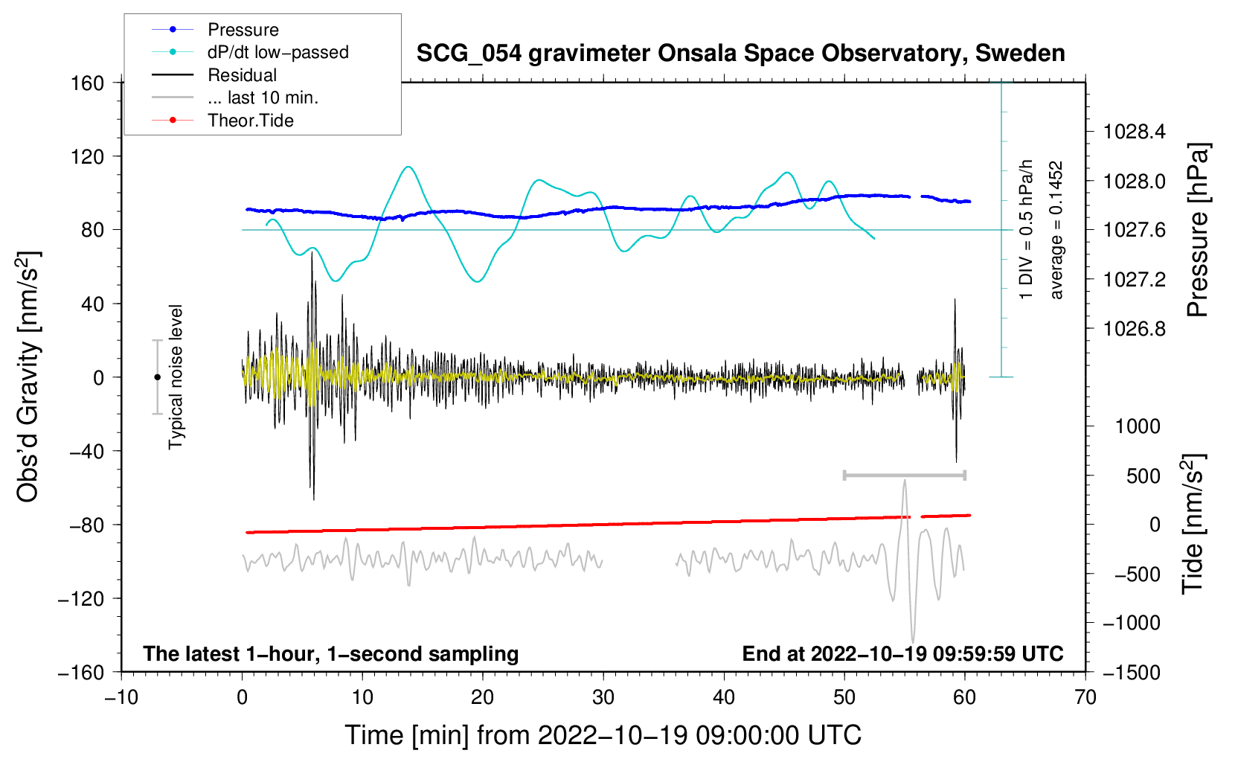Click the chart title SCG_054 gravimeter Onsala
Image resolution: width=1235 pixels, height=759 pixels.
[740, 53]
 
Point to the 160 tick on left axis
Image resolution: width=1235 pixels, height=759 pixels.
[88, 83]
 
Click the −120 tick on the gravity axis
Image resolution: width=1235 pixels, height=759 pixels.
[81, 598]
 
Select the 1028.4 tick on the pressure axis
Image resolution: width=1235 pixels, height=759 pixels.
[1134, 132]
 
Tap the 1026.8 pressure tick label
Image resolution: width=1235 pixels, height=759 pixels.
[1134, 329]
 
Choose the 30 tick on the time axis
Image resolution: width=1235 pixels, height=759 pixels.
[603, 698]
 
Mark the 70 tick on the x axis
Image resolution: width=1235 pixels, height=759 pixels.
[1085, 698]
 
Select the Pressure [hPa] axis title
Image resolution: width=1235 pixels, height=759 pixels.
[1198, 230]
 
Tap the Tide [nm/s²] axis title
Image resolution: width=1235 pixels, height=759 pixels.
[1193, 524]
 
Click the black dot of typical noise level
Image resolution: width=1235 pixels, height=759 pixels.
[157, 377]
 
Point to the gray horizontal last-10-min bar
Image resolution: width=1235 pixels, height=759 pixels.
[904, 475]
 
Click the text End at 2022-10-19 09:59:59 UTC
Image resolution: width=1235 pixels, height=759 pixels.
[902, 653]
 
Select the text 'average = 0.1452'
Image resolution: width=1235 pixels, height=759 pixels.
[1055, 230]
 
